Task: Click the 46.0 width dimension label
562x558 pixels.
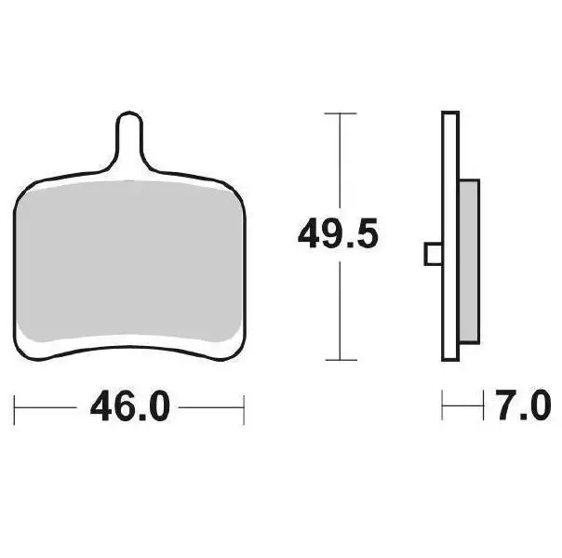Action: tap(130, 407)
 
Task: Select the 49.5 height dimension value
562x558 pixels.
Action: tap(338, 233)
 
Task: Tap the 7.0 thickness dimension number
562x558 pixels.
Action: tap(524, 407)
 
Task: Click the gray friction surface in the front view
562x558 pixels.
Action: tap(130, 260)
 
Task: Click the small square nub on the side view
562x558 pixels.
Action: tap(433, 253)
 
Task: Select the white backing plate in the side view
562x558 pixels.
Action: tap(451, 232)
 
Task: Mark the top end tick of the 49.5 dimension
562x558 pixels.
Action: tap(341, 113)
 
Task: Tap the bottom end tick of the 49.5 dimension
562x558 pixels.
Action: tap(341, 360)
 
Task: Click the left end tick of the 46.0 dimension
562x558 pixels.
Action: tap(16, 407)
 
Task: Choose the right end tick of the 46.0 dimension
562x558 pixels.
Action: tap(243, 407)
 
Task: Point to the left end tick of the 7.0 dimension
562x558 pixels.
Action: tap(443, 406)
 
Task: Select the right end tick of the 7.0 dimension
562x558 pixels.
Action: tap(485, 406)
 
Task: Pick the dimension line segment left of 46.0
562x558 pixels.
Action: tap(47, 407)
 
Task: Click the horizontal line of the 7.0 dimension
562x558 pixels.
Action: tap(463, 406)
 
